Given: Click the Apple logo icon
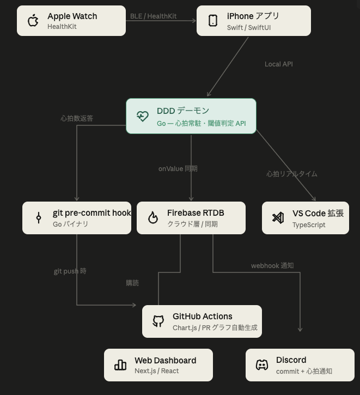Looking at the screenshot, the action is (x=33, y=21).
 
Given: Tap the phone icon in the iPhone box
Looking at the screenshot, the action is (x=213, y=21).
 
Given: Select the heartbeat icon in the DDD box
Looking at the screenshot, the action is (x=143, y=116).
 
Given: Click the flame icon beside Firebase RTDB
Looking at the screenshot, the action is (x=153, y=217).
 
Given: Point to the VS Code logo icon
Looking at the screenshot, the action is (x=278, y=218).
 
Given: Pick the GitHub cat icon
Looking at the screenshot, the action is (x=158, y=321).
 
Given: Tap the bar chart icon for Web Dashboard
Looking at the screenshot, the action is (x=120, y=365).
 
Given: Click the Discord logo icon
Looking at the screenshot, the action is (x=262, y=365).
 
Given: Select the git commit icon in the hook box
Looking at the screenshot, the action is (x=39, y=217).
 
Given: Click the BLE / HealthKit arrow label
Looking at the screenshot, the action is (x=154, y=16).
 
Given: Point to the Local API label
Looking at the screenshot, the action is (x=279, y=64).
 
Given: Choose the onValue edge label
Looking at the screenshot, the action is (x=178, y=169).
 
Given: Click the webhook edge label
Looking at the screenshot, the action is (x=272, y=266).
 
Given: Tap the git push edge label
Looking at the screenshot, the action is (x=70, y=271).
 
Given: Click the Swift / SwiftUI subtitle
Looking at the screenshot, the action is (x=249, y=27).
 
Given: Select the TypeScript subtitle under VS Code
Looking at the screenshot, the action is (x=309, y=224).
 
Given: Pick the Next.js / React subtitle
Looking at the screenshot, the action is (x=157, y=371).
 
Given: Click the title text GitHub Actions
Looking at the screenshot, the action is (x=203, y=317).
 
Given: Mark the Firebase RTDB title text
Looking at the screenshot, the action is (x=196, y=213).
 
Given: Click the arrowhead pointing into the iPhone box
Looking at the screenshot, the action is (x=194, y=21).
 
